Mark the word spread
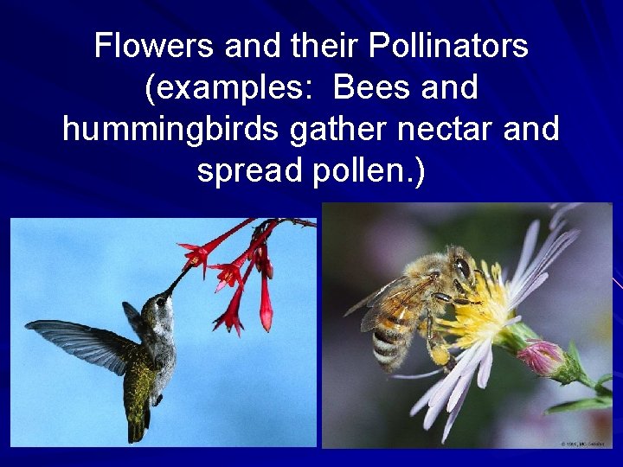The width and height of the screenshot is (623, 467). click(x=247, y=170)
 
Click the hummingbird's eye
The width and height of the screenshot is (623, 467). click(x=159, y=302)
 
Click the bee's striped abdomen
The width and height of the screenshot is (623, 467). click(x=388, y=339)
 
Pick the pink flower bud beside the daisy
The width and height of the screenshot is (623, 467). click(x=542, y=357)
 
